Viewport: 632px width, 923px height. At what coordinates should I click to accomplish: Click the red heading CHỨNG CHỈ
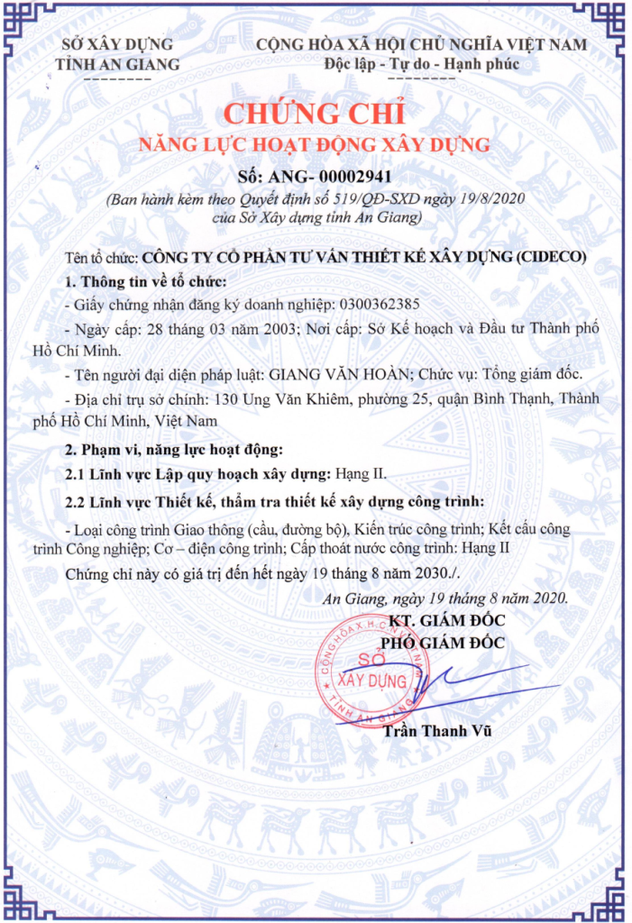316,114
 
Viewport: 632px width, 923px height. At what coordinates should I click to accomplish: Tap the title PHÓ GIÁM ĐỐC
442,643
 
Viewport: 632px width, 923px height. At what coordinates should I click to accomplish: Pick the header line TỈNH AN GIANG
117,64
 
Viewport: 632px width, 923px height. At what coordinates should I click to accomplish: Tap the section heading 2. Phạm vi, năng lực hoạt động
174,449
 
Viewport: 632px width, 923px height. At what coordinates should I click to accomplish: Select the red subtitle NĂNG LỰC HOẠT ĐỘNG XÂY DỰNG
315,144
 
